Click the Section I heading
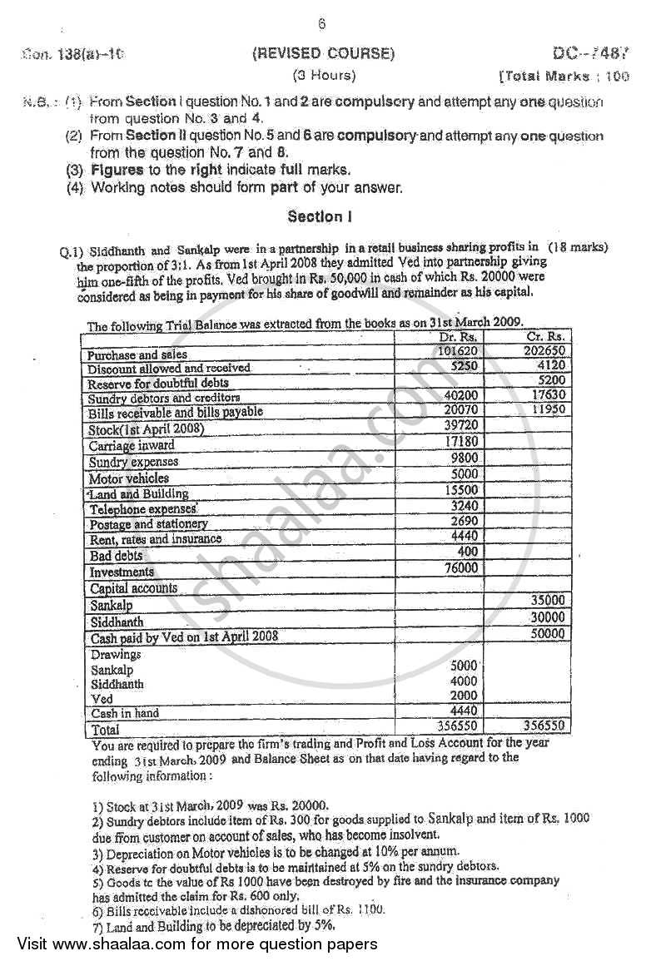point(321,216)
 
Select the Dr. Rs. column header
point(456,337)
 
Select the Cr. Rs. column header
point(546,337)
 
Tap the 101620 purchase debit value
point(458,351)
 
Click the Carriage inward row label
point(132,446)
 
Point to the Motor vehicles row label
point(129,478)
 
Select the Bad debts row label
point(117,556)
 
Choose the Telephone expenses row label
point(143,508)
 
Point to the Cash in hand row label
point(125,713)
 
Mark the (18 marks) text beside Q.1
point(579,247)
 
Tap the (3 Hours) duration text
point(323,76)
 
